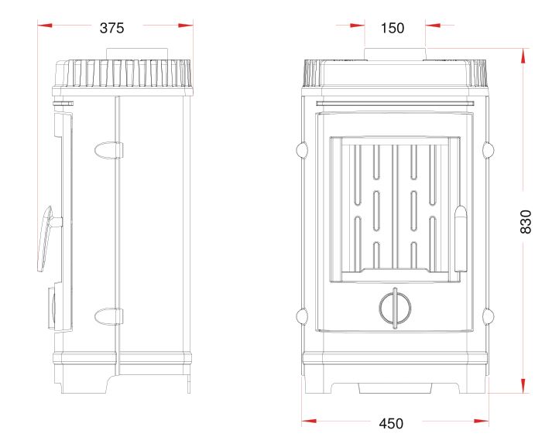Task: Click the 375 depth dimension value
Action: tap(111, 28)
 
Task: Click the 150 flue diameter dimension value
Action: tap(393, 28)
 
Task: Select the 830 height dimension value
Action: tap(526, 221)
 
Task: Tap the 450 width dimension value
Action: tap(391, 423)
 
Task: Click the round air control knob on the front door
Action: tap(395, 308)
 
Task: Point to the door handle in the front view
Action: tap(461, 239)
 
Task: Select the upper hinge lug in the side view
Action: tap(108, 150)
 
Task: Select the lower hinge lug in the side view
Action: tap(108, 316)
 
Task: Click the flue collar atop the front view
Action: tap(395, 54)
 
